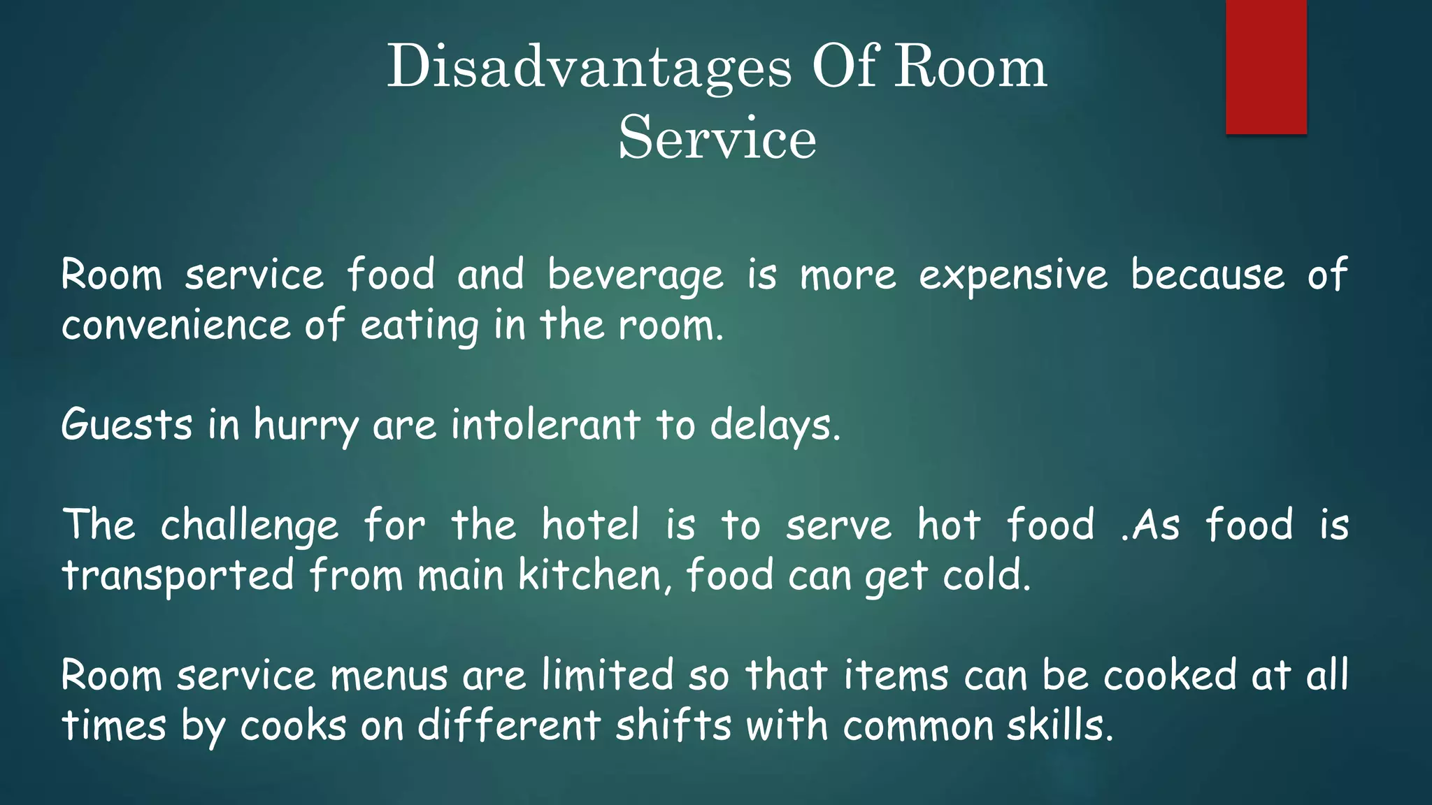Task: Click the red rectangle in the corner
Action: click(1266, 66)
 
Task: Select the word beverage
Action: click(635, 275)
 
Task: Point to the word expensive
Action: click(1013, 275)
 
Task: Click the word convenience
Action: click(176, 326)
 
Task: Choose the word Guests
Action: click(127, 426)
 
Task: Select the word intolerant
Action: click(545, 425)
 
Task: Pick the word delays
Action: click(775, 426)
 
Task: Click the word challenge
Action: click(250, 526)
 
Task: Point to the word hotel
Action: click(591, 525)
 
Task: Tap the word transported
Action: click(178, 576)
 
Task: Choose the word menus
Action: click(389, 676)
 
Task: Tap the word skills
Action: click(1059, 725)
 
